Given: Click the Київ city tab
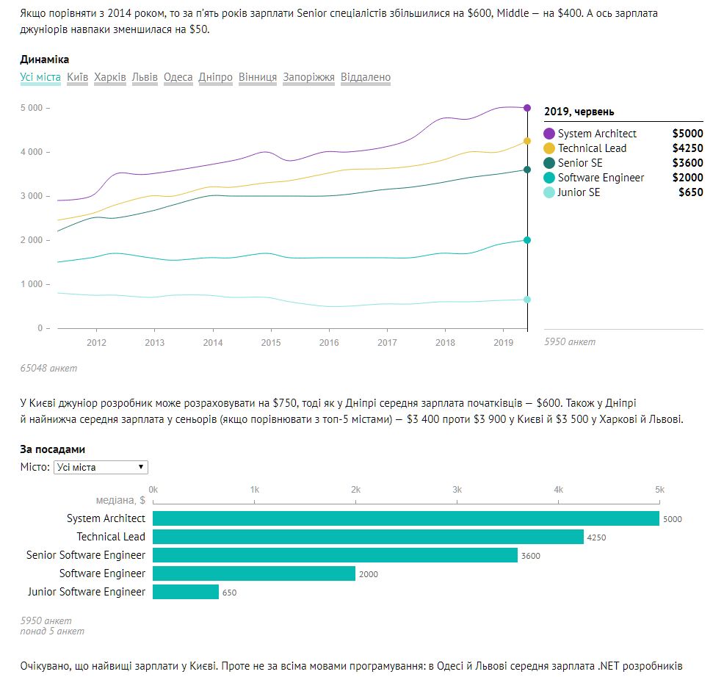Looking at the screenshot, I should point(77,77).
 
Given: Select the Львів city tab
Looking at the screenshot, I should point(145,77).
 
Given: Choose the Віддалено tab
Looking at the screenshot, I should point(366,77).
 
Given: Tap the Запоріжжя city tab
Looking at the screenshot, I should point(308,77).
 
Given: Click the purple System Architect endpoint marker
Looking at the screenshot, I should point(527,108).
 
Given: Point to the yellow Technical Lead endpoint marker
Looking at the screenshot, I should point(527,141).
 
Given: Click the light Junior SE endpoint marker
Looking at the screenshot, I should point(527,300).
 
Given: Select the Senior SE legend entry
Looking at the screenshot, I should point(579,163).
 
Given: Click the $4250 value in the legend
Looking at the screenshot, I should point(687,148).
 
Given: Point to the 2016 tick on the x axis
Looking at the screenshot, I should point(329,342).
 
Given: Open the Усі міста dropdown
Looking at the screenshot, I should point(101,467).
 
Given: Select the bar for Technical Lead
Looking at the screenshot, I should point(368,537).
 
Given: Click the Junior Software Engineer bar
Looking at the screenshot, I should point(186,592).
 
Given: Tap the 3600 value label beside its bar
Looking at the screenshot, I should point(530,556).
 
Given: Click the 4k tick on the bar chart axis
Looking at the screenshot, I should point(558,490).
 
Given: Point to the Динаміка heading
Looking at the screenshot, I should point(44,59).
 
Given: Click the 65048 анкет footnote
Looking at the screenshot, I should point(48,368).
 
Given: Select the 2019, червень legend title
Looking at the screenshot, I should point(579,112).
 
